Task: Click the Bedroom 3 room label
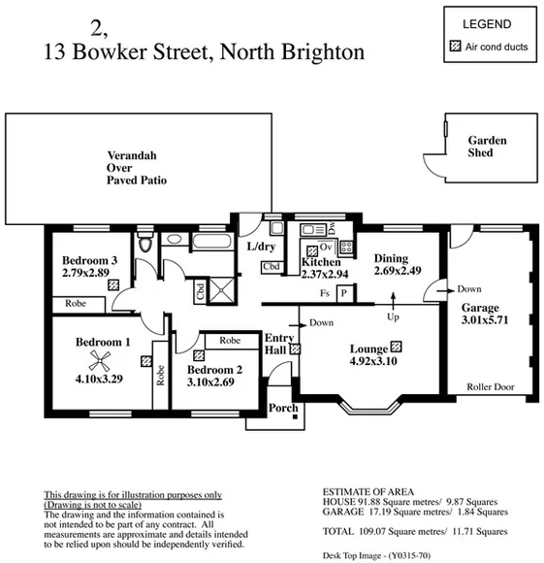pos(90,260)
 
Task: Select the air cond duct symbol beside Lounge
pos(396,348)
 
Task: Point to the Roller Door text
pos(490,386)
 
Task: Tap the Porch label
pos(283,408)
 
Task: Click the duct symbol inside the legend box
pos(455,46)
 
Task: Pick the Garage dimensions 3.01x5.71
pos(485,319)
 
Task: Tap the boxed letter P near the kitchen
pos(343,291)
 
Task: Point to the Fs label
pos(325,291)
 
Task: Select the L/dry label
pos(262,247)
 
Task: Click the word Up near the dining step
pos(393,316)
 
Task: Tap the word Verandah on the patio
pos(132,154)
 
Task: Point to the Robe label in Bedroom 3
pos(77,304)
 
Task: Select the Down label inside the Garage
pos(469,288)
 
